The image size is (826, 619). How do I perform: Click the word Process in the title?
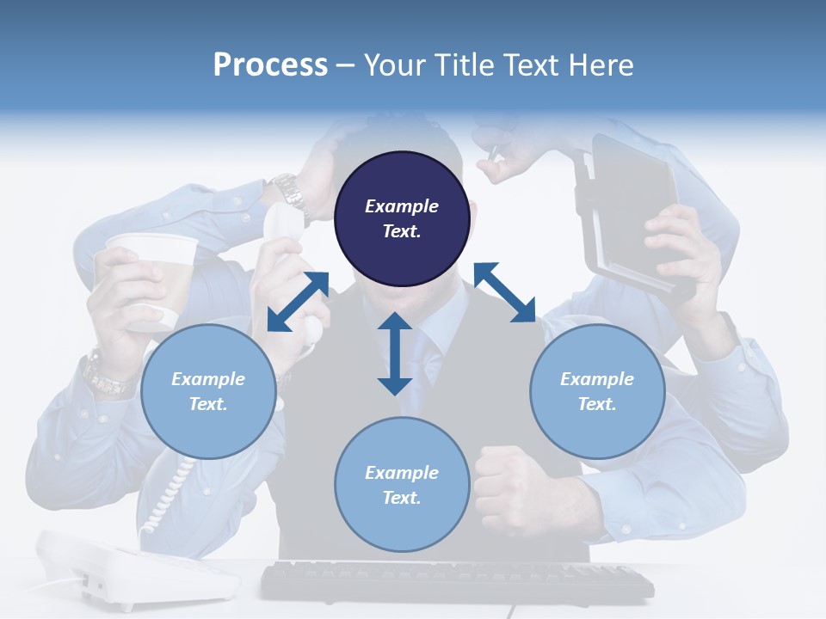pos(270,65)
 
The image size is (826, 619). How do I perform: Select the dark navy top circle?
pos(402,219)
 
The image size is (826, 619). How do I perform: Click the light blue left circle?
pos(208,392)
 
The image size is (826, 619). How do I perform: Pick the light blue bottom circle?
pos(402,485)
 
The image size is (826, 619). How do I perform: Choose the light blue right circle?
pos(597,392)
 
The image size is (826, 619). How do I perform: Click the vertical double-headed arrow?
pos(395,354)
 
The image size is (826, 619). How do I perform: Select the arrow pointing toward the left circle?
pos(298,302)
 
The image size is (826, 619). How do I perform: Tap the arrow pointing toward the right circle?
pos(504,293)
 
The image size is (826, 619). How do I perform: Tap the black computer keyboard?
pos(456,582)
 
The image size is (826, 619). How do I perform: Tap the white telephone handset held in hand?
pos(284,232)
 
